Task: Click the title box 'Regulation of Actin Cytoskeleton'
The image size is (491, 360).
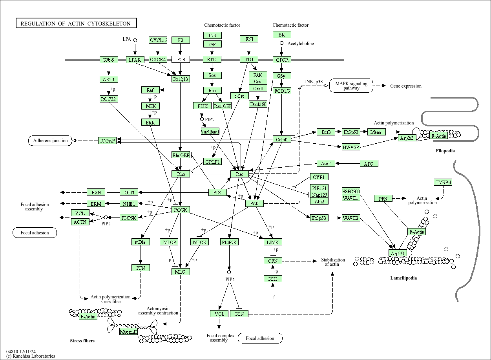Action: (76, 23)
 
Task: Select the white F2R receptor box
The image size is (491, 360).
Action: (181, 59)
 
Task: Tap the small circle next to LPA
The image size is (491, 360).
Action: (135, 40)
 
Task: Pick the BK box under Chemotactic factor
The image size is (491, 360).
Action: (282, 35)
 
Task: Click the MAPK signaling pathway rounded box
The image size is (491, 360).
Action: (351, 86)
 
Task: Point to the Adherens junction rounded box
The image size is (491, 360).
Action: (50, 141)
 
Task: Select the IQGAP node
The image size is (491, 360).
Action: (108, 141)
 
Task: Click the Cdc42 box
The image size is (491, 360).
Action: (282, 139)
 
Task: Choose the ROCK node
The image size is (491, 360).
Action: (181, 210)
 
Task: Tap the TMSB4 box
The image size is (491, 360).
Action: (443, 182)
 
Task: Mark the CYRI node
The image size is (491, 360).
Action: (319, 177)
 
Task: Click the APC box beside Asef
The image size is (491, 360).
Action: (369, 164)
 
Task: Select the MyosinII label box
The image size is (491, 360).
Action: (128, 332)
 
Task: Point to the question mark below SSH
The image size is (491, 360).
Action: (273, 297)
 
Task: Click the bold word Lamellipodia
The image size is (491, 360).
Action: (403, 278)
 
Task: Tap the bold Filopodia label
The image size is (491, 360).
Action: (445, 151)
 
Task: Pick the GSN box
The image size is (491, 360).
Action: (239, 314)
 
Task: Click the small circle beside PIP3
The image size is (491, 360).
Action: (202, 119)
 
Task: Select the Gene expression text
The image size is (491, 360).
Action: (406, 86)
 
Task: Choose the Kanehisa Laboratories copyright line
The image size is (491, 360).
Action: (31, 356)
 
